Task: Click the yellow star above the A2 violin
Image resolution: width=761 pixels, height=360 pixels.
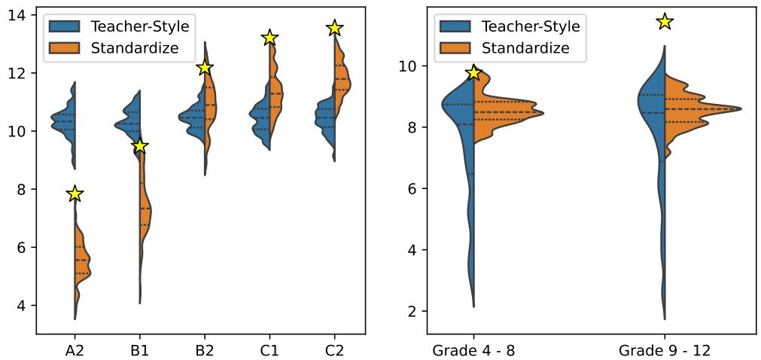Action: [75, 194]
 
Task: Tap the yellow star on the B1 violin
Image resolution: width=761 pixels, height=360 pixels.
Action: [139, 145]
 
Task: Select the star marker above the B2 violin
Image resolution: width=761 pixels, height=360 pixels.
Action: [205, 68]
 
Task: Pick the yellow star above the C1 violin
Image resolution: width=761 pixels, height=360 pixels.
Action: [270, 38]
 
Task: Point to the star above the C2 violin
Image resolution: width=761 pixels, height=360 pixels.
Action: [335, 28]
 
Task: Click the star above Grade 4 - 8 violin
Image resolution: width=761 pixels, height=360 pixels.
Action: [473, 73]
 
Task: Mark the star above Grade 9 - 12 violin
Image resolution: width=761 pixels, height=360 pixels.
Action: [664, 21]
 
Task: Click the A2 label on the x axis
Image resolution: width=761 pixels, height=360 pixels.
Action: [75, 350]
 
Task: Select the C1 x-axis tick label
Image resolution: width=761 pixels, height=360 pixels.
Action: [270, 350]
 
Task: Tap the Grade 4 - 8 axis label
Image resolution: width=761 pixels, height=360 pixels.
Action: [473, 350]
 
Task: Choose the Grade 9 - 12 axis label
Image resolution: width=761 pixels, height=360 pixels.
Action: [664, 350]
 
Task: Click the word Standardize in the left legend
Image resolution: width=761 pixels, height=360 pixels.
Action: [134, 48]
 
